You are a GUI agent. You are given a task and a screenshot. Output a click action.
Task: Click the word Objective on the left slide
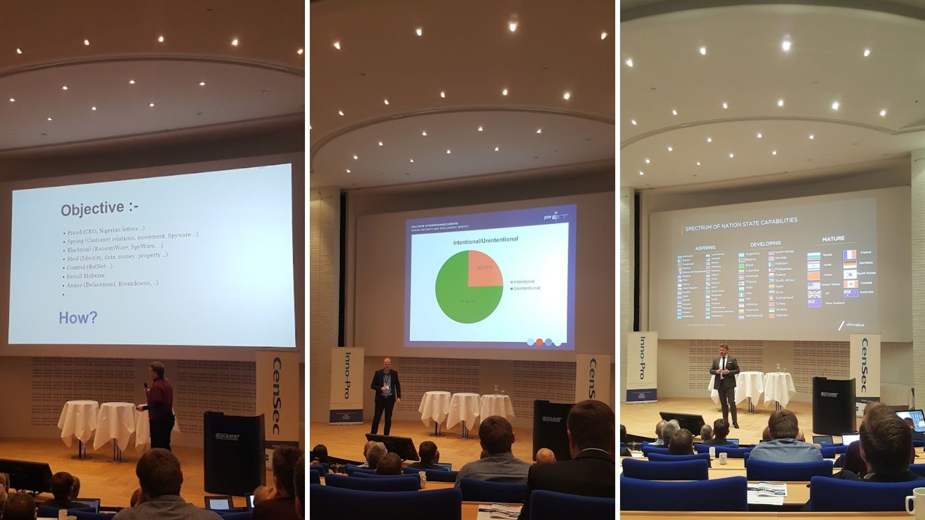click(92, 209)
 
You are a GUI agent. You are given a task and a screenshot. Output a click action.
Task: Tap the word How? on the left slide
click(78, 318)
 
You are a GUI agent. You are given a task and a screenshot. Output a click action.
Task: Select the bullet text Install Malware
click(86, 276)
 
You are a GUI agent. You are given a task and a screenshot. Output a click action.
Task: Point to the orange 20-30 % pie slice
click(485, 268)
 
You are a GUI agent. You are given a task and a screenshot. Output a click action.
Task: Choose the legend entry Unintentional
click(527, 288)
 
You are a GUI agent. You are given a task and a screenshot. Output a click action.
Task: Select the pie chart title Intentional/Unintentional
click(485, 240)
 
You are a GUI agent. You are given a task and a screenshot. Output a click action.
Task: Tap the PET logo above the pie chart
click(555, 217)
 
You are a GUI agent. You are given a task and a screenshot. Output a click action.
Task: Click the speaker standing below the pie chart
click(385, 395)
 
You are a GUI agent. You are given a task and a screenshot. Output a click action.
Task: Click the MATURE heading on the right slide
click(833, 239)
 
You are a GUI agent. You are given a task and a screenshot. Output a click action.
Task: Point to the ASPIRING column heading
click(705, 248)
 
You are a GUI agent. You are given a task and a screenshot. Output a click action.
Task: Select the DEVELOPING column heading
click(765, 244)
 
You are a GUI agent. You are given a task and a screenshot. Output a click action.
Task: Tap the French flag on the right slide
click(849, 254)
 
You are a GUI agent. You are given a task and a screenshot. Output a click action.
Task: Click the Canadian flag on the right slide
click(850, 284)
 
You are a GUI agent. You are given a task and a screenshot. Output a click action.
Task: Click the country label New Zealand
click(835, 303)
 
